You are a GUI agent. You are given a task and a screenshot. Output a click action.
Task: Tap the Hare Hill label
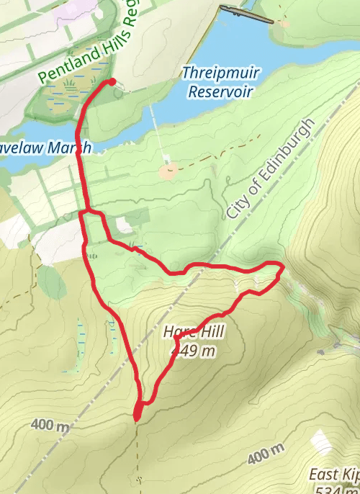(x=194, y=333)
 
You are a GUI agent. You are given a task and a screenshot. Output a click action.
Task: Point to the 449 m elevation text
(x=194, y=351)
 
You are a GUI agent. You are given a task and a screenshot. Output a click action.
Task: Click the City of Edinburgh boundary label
(x=271, y=170)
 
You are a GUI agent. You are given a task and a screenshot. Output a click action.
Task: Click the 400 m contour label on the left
(x=50, y=426)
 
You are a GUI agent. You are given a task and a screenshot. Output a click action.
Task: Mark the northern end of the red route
(x=112, y=82)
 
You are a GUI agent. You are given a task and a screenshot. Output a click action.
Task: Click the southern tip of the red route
(x=137, y=416)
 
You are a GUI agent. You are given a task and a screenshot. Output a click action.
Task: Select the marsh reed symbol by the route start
(x=71, y=88)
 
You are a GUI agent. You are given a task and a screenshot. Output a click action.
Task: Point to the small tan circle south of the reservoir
(x=169, y=171)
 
